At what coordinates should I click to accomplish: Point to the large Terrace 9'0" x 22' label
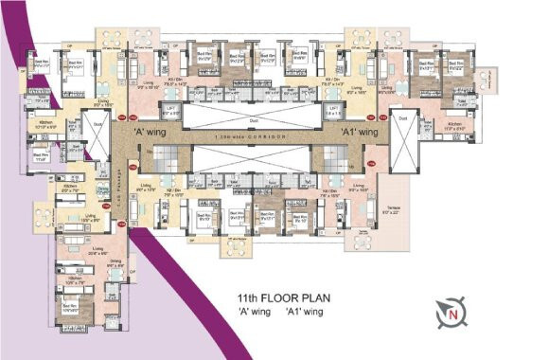pos(391,211)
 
